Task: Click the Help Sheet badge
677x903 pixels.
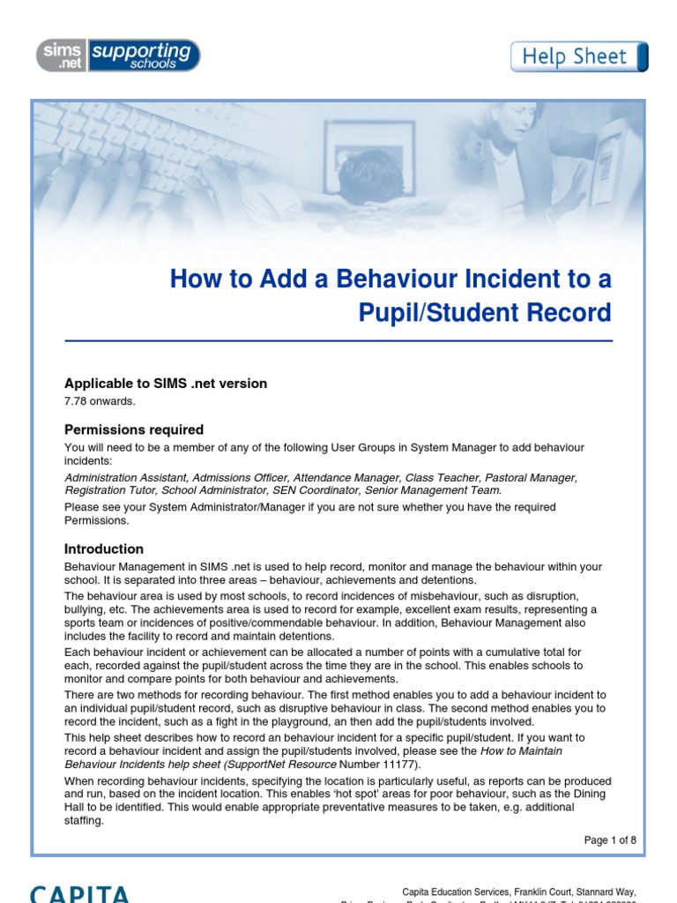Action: (x=579, y=57)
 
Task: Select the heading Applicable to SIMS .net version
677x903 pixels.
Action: (x=166, y=384)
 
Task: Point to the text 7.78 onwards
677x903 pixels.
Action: (x=100, y=402)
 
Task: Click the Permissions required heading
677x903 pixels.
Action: (x=134, y=430)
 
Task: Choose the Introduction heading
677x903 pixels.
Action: (x=104, y=549)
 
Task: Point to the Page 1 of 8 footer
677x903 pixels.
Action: (x=610, y=840)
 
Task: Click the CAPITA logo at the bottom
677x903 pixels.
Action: (x=79, y=892)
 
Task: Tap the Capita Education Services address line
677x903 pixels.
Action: (x=518, y=892)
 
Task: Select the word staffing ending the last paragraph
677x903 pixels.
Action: (x=84, y=820)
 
